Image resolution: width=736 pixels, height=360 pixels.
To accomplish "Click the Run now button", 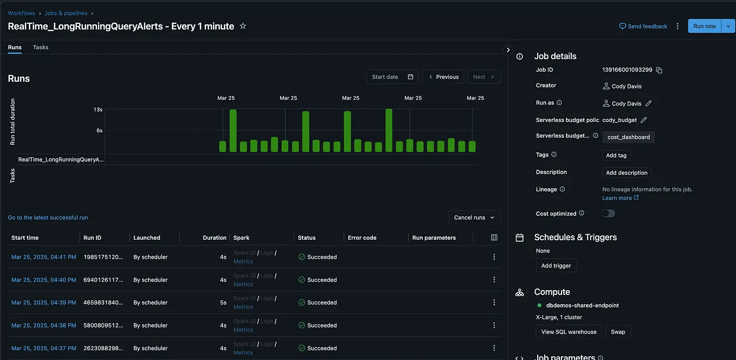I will (704, 26).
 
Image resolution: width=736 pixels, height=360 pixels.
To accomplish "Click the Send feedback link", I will (643, 26).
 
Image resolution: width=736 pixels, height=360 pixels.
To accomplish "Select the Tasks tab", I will (41, 47).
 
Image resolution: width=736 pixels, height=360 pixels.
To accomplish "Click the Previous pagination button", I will (443, 77).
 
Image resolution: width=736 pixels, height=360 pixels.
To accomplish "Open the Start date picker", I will (392, 77).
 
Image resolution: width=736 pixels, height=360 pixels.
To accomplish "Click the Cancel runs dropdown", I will (474, 217).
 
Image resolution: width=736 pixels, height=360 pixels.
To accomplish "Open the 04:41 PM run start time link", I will (43, 257).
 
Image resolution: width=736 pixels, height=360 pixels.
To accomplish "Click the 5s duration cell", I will (223, 303).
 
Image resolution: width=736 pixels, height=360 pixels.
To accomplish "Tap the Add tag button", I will (616, 156).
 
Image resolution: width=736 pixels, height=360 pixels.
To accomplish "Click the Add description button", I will (627, 173).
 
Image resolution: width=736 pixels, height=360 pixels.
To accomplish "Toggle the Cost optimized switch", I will (608, 214).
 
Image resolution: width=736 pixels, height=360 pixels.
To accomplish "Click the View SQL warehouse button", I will (569, 332).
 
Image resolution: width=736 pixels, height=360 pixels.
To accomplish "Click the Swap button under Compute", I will (618, 332).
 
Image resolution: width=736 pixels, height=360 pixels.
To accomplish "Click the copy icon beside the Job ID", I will (659, 70).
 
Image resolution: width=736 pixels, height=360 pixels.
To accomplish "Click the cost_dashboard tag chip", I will (628, 137).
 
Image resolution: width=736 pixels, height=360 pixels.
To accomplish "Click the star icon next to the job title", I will (243, 26).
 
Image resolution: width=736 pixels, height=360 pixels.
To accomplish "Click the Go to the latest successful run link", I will (48, 217).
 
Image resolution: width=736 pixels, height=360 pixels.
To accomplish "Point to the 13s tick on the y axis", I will (98, 110).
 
